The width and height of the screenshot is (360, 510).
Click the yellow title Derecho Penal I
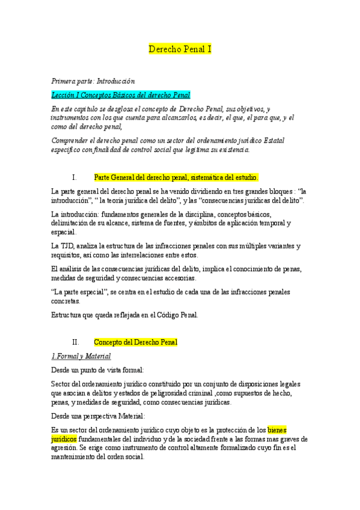point(180,49)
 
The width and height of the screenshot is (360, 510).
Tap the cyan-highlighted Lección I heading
point(121,94)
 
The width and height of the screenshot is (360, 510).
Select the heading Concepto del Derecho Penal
point(136,342)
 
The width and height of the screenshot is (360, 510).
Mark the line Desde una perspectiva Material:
point(98,416)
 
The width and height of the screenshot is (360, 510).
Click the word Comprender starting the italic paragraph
point(71,140)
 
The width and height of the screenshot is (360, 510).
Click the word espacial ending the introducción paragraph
point(64,232)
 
